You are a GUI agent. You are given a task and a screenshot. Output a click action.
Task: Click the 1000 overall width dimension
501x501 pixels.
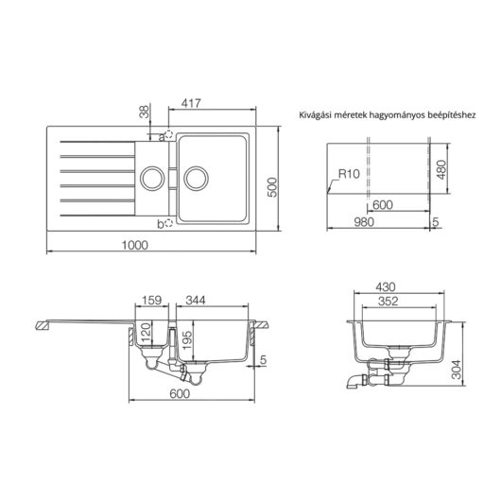136,245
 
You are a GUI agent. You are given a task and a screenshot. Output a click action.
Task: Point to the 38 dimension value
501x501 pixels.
144,112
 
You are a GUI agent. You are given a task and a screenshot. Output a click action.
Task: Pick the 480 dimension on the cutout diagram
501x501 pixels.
441,171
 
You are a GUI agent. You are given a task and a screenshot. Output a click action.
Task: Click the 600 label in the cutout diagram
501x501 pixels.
382,205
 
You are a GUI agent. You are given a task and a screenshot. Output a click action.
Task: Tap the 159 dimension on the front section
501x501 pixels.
151,302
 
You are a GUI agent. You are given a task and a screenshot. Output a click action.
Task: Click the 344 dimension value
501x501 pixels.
198,302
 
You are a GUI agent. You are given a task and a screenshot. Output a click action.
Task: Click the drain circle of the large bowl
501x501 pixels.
197,176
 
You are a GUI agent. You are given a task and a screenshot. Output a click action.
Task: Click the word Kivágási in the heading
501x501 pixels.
318,113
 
